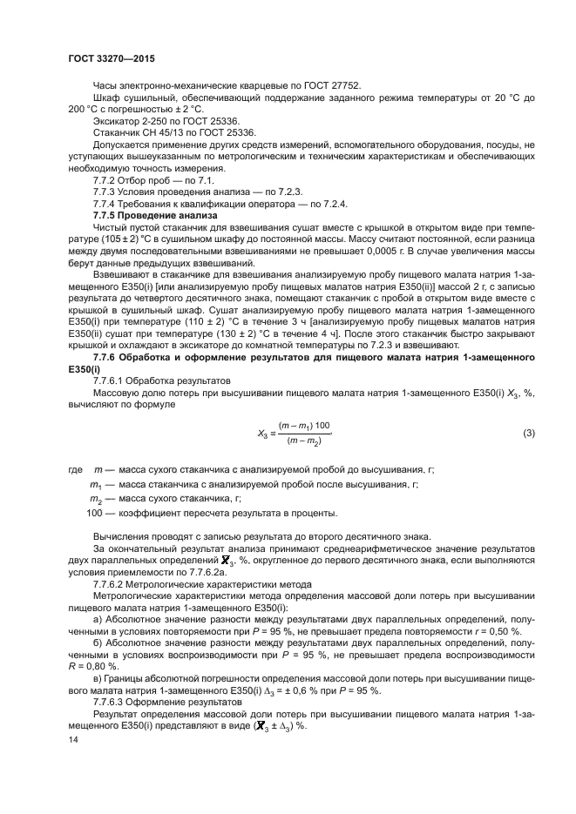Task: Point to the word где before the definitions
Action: click(x=75, y=470)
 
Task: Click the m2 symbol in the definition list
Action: click(x=96, y=499)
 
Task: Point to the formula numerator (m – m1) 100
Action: click(x=304, y=425)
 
